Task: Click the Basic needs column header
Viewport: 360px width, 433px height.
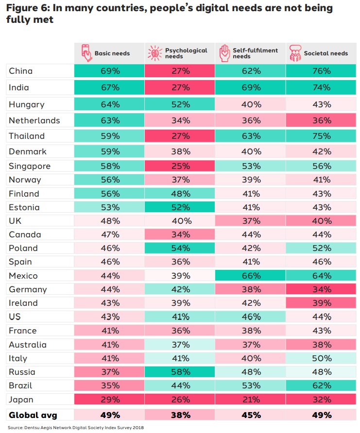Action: (x=112, y=53)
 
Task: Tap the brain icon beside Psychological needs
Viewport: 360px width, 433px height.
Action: (x=154, y=53)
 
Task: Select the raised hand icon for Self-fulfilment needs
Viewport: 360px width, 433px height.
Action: (x=224, y=53)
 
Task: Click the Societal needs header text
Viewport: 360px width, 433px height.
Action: (x=326, y=53)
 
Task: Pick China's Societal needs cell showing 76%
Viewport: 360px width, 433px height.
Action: (x=321, y=71)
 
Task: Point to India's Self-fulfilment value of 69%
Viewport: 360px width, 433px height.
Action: (x=251, y=87)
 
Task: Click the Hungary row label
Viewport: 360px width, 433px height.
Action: (x=27, y=104)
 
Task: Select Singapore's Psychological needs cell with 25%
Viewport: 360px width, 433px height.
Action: (x=180, y=166)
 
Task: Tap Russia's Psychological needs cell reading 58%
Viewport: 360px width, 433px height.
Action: (x=180, y=372)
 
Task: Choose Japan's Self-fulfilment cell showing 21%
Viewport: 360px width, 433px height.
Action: (x=251, y=400)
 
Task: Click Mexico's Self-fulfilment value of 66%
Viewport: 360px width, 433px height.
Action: (x=251, y=276)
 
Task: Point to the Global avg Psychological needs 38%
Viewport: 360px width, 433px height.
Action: (x=180, y=415)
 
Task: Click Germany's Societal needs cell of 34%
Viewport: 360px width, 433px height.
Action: (x=321, y=289)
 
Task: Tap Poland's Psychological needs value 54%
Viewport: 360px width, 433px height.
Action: (x=180, y=248)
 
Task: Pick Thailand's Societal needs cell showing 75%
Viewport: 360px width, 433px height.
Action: (x=321, y=136)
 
